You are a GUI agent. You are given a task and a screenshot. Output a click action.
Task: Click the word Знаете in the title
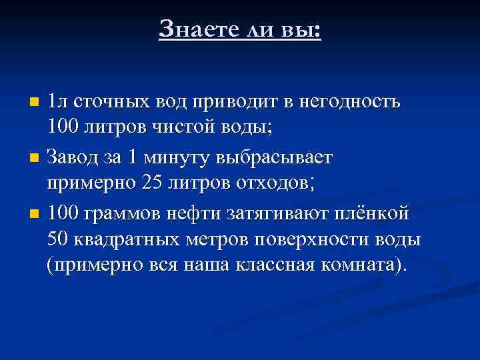pos(193,29)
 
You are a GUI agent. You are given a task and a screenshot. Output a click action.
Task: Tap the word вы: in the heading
pos(303,29)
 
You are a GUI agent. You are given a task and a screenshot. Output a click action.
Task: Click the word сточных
pos(109,103)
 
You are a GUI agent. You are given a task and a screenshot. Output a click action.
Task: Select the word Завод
pos(75,158)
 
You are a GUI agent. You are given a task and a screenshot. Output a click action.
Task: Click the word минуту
pos(175,158)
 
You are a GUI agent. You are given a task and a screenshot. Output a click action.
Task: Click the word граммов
pos(124,214)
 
